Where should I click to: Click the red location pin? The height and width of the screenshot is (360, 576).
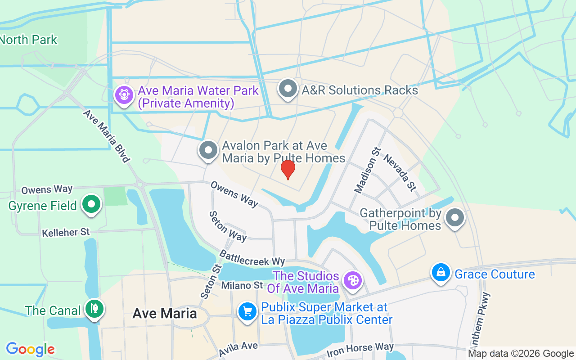[x=288, y=169]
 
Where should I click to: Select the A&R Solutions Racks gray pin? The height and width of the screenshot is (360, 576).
[x=288, y=89]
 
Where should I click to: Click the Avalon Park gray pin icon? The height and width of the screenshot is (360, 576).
[x=208, y=150]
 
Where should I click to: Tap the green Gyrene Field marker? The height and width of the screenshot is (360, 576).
[x=91, y=205]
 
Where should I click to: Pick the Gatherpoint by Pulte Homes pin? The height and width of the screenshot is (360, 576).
[x=455, y=218]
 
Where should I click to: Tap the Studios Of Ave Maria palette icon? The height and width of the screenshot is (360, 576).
[x=352, y=281]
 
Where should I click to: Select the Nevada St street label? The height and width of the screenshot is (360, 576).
[x=400, y=172]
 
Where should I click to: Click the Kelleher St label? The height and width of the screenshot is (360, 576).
[x=66, y=233]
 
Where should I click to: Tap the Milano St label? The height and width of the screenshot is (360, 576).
[x=242, y=285]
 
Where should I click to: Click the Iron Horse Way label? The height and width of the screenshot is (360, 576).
[x=360, y=348]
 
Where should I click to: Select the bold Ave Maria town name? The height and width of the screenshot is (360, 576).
[x=165, y=314]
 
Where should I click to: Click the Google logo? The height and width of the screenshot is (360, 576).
[x=30, y=349]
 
